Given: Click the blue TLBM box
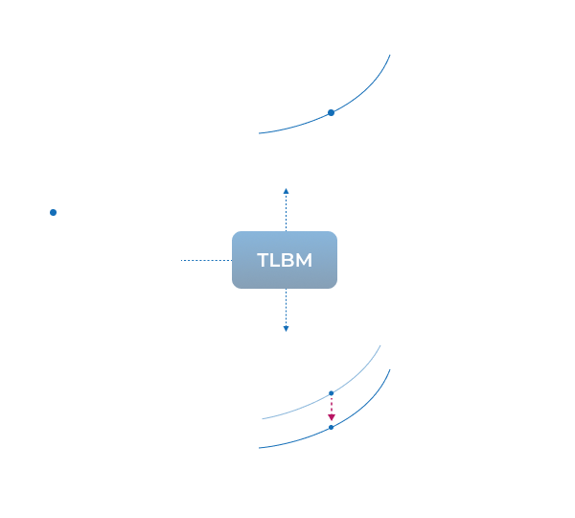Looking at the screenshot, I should pos(285,260).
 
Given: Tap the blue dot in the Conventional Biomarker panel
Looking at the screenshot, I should pos(54,212).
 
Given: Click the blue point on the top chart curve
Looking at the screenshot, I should pos(331,112).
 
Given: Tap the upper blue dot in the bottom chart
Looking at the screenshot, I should pos(331,393).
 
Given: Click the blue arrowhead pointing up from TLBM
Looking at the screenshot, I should pos(286,191).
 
